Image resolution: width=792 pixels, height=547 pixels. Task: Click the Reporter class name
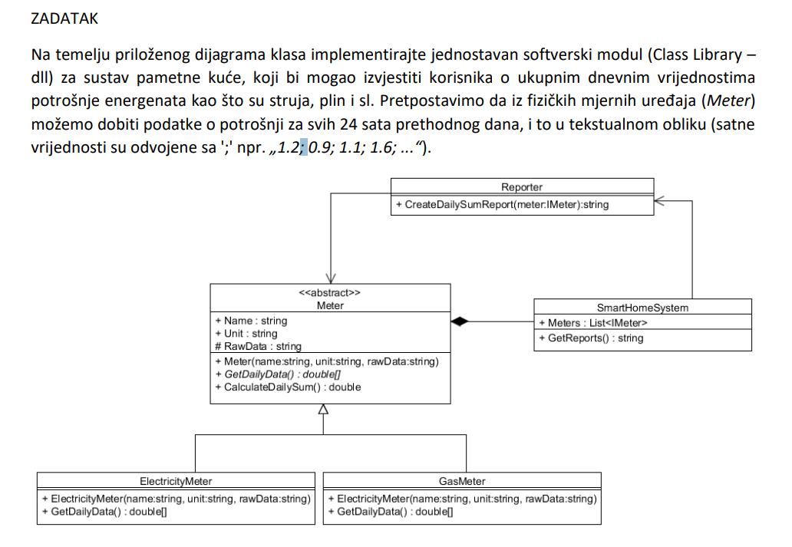click(x=522, y=186)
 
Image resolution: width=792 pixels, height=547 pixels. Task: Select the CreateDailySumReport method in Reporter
click(x=502, y=205)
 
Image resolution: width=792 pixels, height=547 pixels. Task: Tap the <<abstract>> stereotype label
click(x=330, y=292)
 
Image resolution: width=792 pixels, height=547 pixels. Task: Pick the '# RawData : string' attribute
click(x=259, y=346)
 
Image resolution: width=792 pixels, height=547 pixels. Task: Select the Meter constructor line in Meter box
click(x=331, y=361)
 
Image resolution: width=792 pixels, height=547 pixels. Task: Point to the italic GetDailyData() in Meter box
click(x=281, y=374)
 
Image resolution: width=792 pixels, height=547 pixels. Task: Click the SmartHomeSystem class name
click(x=642, y=308)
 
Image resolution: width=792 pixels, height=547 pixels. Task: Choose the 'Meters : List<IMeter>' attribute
click(x=593, y=323)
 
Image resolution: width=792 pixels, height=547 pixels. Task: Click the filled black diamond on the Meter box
click(x=459, y=321)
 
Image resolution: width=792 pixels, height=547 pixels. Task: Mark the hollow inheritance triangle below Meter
click(x=323, y=409)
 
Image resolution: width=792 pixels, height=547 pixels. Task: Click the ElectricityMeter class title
click(x=176, y=481)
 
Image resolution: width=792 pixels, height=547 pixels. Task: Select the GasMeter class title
click(x=462, y=481)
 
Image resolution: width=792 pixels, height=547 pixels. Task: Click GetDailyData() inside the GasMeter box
click(x=391, y=512)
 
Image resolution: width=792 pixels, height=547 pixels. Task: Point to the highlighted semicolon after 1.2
click(x=303, y=147)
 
